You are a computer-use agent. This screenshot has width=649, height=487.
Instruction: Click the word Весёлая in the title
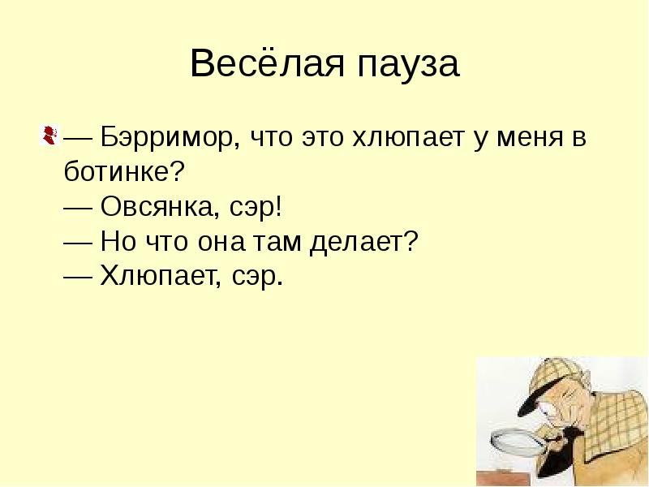(261, 65)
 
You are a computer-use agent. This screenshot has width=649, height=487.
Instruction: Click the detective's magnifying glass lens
(517, 446)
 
